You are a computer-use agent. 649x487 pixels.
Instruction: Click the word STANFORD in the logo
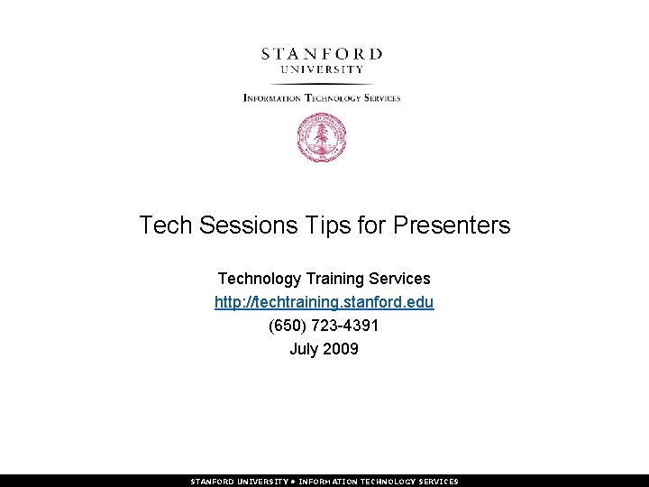[x=322, y=53]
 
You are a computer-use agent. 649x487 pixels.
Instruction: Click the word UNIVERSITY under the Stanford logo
[x=322, y=69]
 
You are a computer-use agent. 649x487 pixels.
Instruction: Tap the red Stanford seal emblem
[x=322, y=140]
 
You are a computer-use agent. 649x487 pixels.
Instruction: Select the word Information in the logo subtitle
[x=272, y=97]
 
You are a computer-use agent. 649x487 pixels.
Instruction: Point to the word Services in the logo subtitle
[x=379, y=97]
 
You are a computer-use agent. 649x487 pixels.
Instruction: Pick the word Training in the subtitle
[x=339, y=279]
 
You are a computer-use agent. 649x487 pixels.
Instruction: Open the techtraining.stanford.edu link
[x=324, y=302]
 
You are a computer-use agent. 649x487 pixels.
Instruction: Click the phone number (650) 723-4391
[x=324, y=326]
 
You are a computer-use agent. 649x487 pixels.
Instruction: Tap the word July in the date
[x=304, y=349]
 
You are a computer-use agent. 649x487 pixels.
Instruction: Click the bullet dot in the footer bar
[x=296, y=482]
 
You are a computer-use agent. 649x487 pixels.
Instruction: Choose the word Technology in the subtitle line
[x=260, y=279]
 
